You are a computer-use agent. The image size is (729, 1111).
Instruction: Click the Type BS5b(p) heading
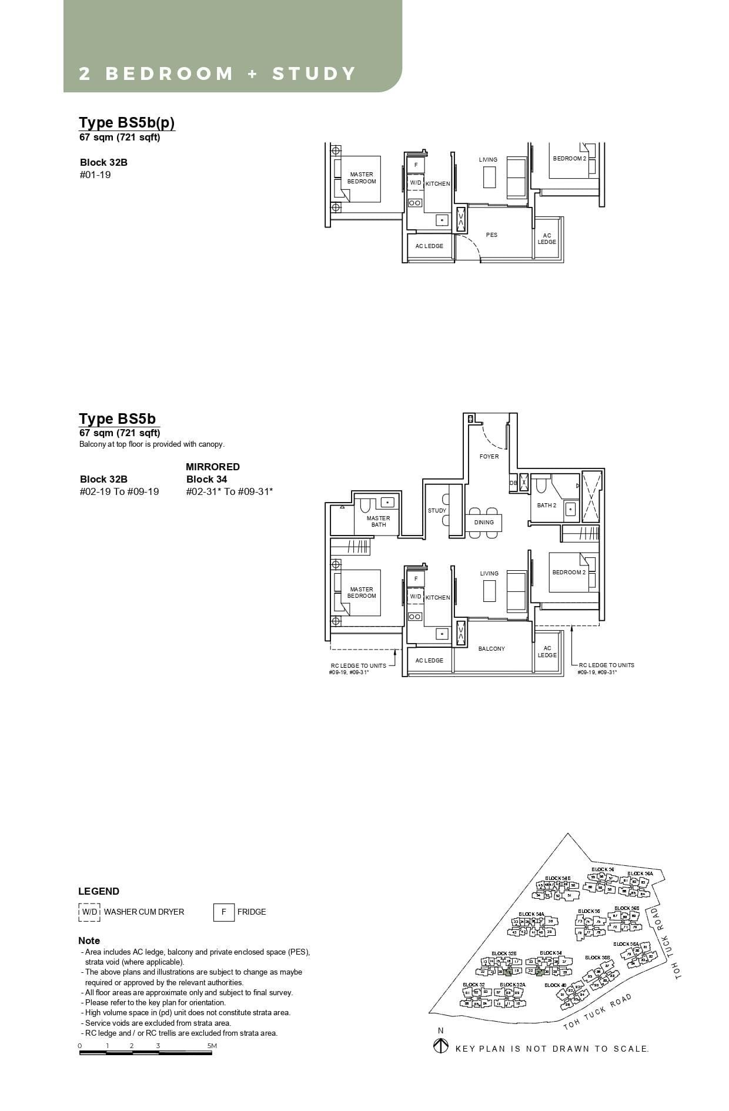pos(127,122)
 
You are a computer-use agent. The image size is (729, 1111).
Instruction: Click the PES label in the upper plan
pos(491,235)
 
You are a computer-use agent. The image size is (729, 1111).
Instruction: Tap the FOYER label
pos(489,456)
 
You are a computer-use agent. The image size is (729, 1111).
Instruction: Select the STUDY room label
pos(437,511)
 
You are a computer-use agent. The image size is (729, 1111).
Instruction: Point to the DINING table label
pos(484,522)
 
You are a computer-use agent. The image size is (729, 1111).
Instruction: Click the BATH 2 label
pos(546,506)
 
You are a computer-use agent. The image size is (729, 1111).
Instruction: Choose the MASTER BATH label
pos(378,521)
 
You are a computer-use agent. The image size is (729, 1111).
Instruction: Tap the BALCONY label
pos(491,649)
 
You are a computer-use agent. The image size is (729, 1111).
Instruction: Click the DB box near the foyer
pos(513,483)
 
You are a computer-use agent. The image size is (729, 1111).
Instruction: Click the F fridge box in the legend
pos(223,912)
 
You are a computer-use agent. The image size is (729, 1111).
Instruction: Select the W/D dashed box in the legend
pos(89,912)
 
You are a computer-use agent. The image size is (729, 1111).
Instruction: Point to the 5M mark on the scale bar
pos(212,1046)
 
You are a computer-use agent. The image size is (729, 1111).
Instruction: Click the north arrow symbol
pos(440,1047)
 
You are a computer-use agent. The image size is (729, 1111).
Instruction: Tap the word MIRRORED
pos(213,467)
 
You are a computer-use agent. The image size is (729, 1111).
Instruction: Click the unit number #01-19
pos(95,175)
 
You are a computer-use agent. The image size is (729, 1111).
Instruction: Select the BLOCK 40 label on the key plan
pos(555,985)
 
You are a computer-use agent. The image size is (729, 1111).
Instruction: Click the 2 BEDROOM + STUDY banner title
pos(218,74)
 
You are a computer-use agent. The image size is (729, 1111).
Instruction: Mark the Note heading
pos(89,941)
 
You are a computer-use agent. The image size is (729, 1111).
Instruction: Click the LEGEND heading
pos(99,891)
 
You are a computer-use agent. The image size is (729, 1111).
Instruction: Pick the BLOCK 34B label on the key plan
pos(557,878)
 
